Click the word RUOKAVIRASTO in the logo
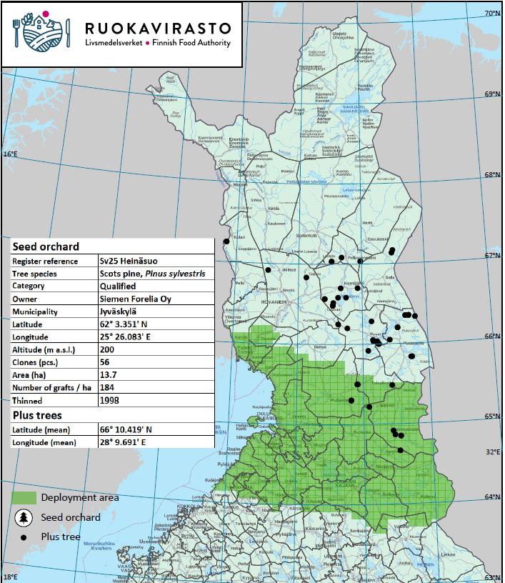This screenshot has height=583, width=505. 158,28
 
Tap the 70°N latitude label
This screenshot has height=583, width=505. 492,14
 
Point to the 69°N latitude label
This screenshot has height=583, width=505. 492,94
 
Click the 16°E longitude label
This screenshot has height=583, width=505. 9,154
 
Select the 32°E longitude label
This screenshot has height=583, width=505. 492,452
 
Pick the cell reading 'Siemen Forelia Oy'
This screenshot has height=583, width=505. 136,299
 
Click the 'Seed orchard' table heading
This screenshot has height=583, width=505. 46,246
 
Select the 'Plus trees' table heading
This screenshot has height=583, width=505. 37,415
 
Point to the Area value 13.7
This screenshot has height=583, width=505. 109,375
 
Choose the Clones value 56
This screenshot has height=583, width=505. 106,362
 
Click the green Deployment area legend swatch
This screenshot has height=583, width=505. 23,497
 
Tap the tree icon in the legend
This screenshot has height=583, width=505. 24,517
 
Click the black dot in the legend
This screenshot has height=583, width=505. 24,537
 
